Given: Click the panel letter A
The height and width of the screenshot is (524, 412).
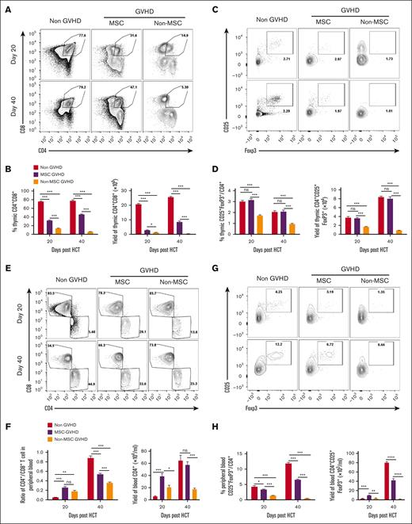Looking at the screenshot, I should pos(6,6).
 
